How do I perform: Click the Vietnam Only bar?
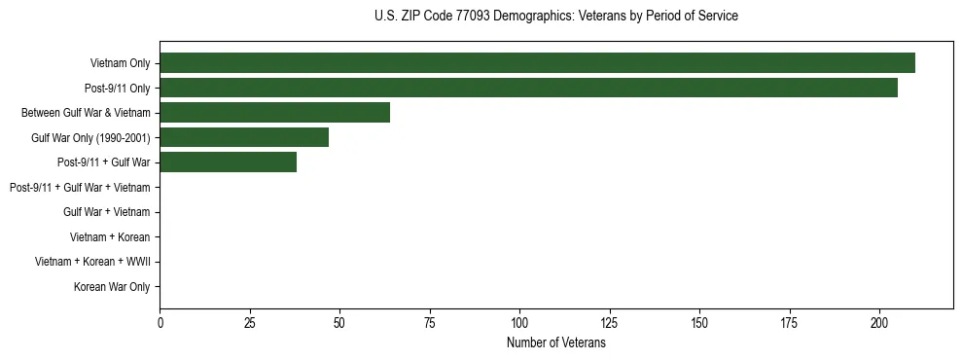(x=537, y=63)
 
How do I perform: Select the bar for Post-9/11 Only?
(x=528, y=88)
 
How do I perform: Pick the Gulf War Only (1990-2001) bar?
(x=244, y=137)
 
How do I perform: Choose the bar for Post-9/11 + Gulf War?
(x=228, y=162)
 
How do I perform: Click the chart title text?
(x=555, y=17)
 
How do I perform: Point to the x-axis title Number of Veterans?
(x=555, y=343)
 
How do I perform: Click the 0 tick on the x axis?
(x=160, y=323)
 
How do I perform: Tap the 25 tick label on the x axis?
(x=250, y=323)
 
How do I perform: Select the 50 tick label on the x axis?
(x=339, y=323)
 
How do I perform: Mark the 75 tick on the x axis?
(x=430, y=323)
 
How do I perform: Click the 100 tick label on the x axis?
(x=519, y=323)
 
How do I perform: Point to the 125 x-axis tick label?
(x=610, y=323)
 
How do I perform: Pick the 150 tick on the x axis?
(x=699, y=323)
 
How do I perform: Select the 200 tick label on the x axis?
(x=879, y=323)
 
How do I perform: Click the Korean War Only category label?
(x=112, y=287)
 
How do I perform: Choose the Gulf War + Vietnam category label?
(x=106, y=212)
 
